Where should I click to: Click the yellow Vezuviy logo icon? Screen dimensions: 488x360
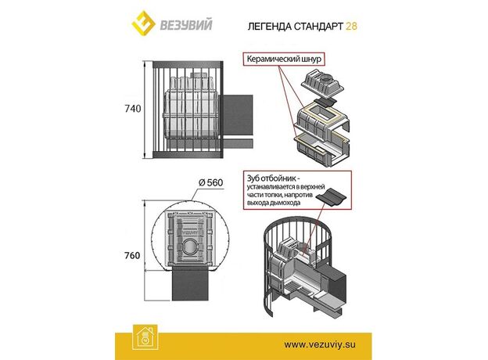click(x=143, y=23)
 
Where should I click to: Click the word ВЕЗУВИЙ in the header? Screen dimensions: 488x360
click(x=186, y=25)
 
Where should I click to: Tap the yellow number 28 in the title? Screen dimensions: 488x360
click(x=351, y=26)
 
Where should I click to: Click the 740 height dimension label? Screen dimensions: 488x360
click(x=133, y=109)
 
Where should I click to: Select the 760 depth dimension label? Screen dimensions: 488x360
click(x=132, y=255)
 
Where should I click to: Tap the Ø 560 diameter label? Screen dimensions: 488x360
click(x=210, y=182)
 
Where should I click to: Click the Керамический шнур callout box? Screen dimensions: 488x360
click(x=284, y=59)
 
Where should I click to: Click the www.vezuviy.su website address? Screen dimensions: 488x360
click(x=320, y=344)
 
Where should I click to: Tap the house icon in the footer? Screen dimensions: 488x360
click(x=145, y=337)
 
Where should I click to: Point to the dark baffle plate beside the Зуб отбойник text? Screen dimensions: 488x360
click(x=331, y=198)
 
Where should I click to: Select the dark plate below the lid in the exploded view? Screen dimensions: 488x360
click(x=325, y=101)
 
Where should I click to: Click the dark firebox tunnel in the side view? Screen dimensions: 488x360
click(x=237, y=119)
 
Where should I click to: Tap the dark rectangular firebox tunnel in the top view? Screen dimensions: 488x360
click(x=191, y=283)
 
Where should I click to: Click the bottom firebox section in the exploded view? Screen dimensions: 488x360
click(x=322, y=148)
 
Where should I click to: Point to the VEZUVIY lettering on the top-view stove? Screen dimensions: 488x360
click(x=189, y=232)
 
